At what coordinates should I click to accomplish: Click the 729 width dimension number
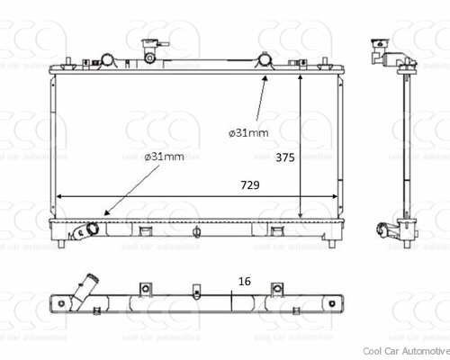(x=250, y=185)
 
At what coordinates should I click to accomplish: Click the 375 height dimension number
(x=285, y=157)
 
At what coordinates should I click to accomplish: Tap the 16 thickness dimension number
(x=245, y=282)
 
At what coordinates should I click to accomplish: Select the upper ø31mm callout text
(x=248, y=132)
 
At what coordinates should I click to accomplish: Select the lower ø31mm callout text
(x=164, y=157)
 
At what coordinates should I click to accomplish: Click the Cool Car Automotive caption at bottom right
(x=406, y=351)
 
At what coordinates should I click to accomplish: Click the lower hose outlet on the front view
(x=85, y=231)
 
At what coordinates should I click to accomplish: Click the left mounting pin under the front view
(x=61, y=244)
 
